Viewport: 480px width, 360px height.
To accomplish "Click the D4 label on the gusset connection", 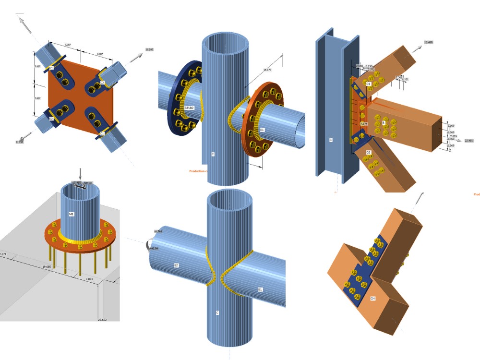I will (51, 68).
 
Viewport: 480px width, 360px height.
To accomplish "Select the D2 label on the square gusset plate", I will (50, 118).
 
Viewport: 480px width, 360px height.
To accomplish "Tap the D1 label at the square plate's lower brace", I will (101, 133).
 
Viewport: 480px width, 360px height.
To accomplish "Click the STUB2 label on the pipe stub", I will (189, 108).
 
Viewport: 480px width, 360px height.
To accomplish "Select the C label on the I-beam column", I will (331, 140).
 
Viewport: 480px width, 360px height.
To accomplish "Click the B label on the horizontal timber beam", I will (384, 123).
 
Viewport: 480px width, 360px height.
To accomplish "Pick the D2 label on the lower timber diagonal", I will (368, 153).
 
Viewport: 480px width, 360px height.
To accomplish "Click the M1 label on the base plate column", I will (71, 214).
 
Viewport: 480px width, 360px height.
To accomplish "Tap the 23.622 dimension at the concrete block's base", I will (102, 319).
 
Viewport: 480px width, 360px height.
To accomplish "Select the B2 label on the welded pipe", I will (176, 265).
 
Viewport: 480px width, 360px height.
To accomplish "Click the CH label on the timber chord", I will (372, 299).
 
